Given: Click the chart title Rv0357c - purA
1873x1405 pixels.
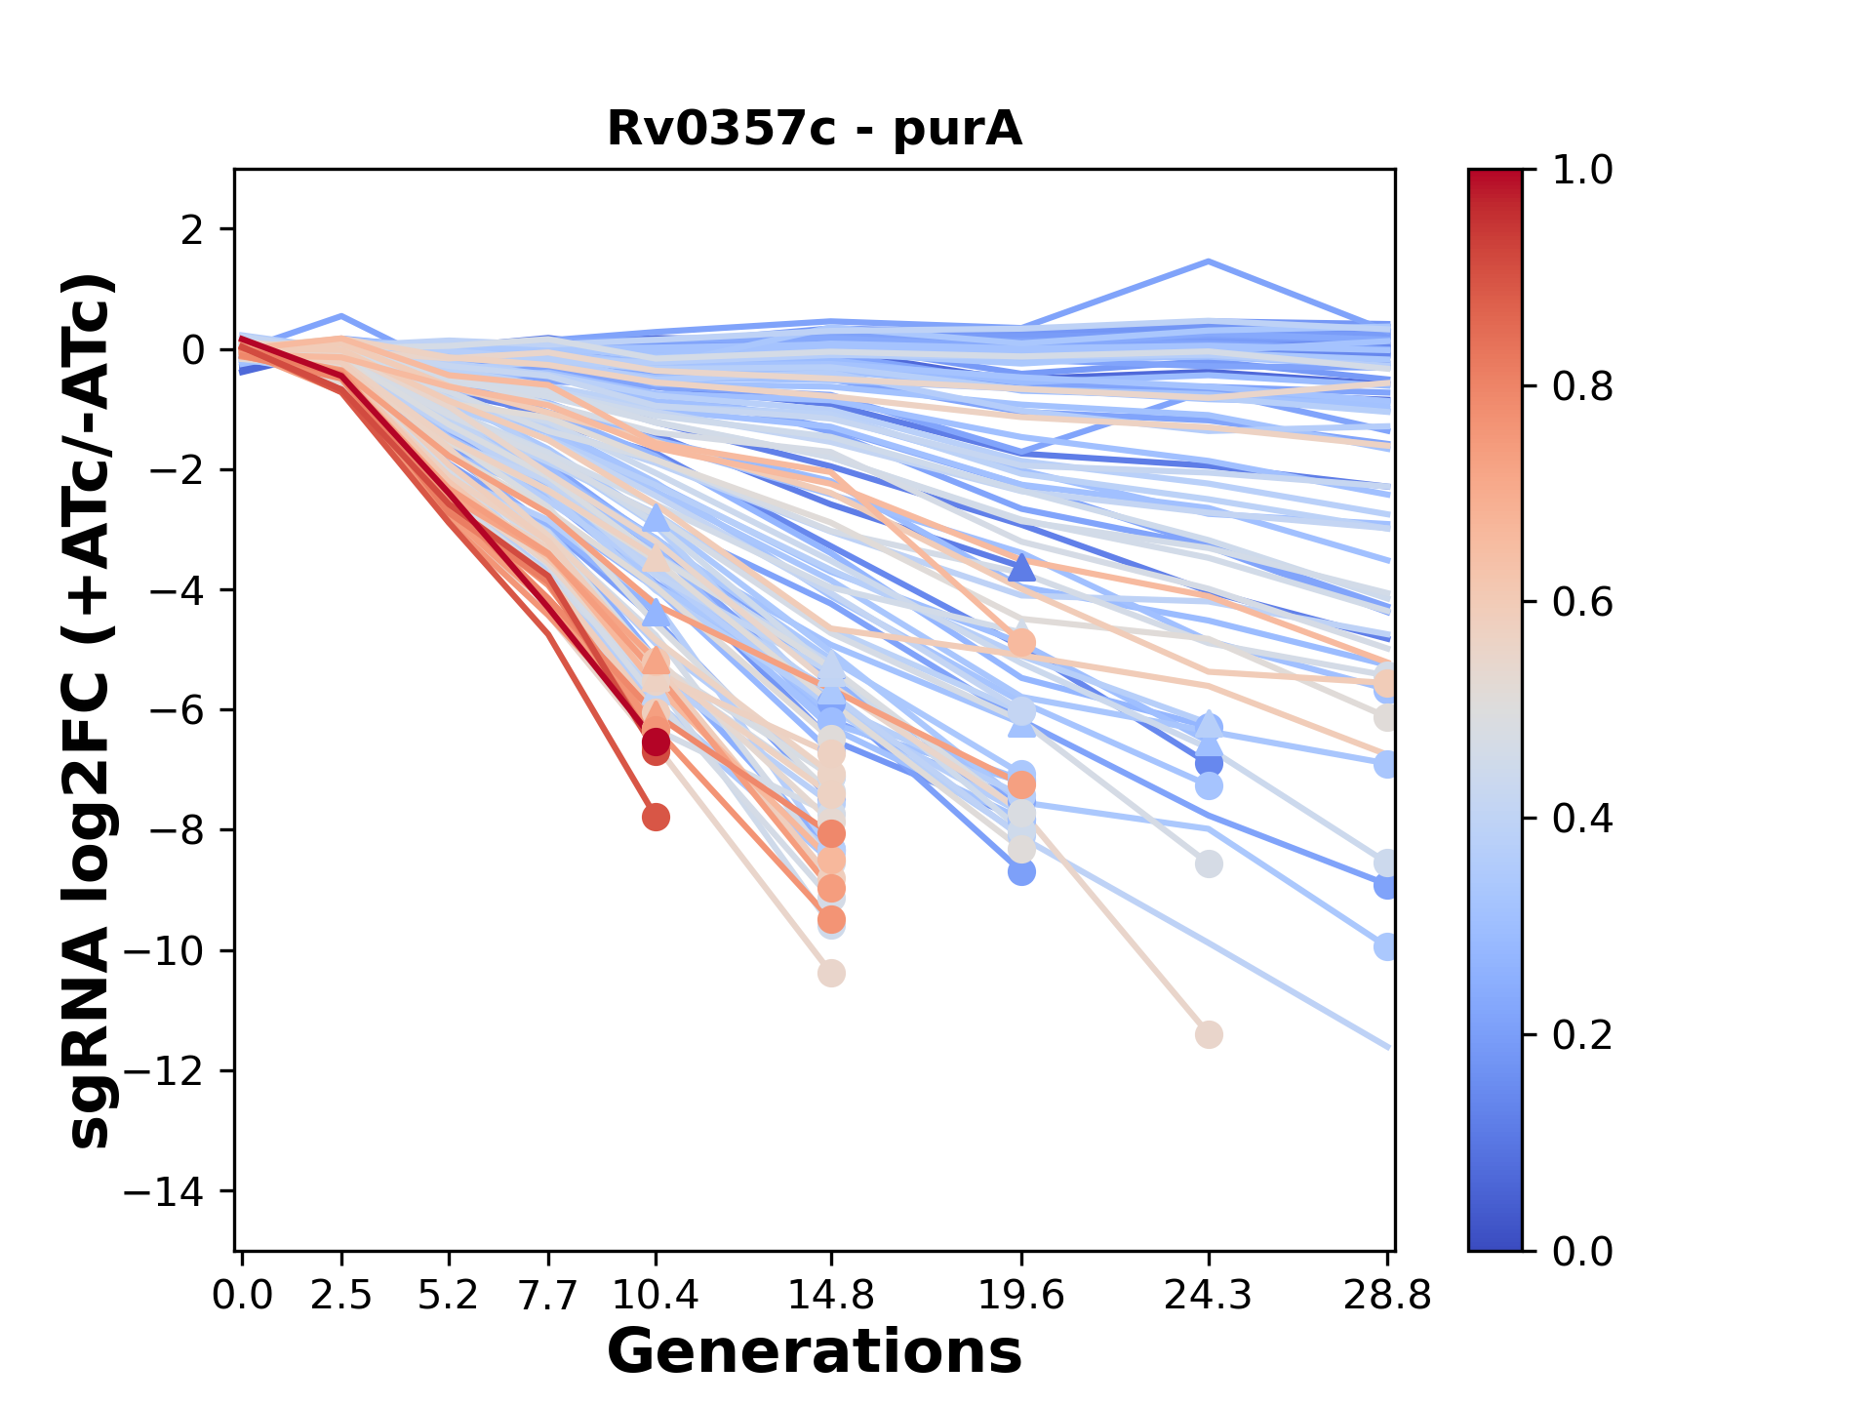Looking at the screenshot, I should pyautogui.click(x=815, y=129).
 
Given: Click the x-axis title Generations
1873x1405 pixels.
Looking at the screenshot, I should pyautogui.click(x=815, y=1352).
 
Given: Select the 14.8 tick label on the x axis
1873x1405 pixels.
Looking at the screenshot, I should pyautogui.click(x=831, y=1296).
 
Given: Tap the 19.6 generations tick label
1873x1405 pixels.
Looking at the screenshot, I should pyautogui.click(x=1021, y=1296).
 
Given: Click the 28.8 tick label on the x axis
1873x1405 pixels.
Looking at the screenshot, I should pyautogui.click(x=1387, y=1296).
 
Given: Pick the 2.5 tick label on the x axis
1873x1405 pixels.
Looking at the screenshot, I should pyautogui.click(x=341, y=1296).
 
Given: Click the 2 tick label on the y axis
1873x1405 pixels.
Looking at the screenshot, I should pyautogui.click(x=193, y=229).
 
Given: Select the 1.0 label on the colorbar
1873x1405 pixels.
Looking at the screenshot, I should pyautogui.click(x=1582, y=171).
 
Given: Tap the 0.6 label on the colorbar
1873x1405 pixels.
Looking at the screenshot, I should pyautogui.click(x=1582, y=603).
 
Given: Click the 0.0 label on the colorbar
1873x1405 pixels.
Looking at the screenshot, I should pyautogui.click(x=1582, y=1251).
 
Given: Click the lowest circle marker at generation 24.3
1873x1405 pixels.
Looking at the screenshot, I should pyautogui.click(x=1209, y=1034).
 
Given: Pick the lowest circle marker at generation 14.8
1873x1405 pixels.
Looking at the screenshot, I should pyautogui.click(x=831, y=973).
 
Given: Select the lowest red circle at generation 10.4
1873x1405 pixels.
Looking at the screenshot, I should pyautogui.click(x=656, y=817).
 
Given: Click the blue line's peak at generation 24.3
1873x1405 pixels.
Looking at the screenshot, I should pyautogui.click(x=1209, y=261).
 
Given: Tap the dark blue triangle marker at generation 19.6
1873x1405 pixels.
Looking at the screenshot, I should pyautogui.click(x=1021, y=567).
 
